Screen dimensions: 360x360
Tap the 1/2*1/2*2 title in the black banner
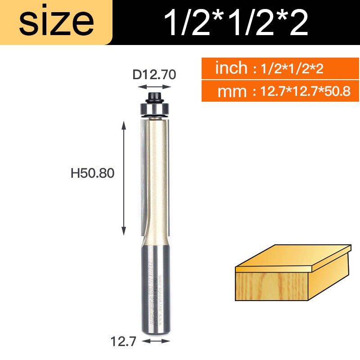[236, 22]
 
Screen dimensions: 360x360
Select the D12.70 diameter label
[154, 74]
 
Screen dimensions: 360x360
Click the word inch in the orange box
[231, 68]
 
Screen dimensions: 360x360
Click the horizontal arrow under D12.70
[154, 87]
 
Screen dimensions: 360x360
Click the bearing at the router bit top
[154, 109]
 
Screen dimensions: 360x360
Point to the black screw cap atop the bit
[154, 96]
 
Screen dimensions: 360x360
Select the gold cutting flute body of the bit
[157, 180]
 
